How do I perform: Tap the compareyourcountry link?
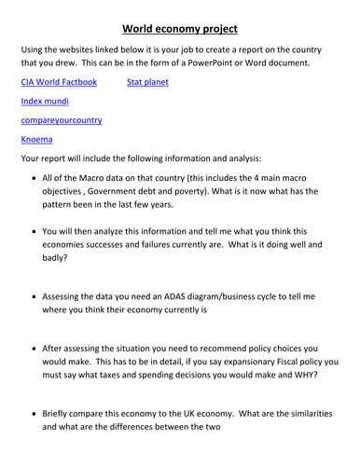(x=62, y=120)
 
